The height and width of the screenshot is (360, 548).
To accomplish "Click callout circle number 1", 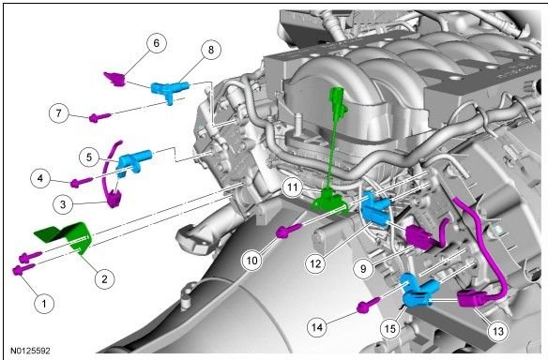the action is (x=44, y=303).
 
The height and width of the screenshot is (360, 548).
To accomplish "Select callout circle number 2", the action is (x=104, y=278).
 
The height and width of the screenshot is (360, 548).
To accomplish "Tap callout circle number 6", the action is (x=156, y=43).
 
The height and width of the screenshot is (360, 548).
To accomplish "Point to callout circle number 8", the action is (x=211, y=50).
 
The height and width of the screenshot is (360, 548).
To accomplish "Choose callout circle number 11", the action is (x=292, y=187).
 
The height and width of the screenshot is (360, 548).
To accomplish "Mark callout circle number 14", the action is (x=317, y=327).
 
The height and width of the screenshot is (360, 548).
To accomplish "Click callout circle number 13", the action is (x=497, y=330).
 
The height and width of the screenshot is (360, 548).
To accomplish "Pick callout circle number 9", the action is (x=363, y=268).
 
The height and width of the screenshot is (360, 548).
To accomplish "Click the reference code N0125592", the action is (x=30, y=351).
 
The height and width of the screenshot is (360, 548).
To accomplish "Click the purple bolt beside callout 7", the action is (x=100, y=117).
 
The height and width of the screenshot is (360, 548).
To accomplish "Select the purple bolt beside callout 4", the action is (x=81, y=182).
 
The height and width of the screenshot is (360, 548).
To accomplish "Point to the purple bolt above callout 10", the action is (x=289, y=231).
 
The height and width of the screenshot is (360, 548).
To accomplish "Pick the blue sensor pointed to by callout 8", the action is (x=170, y=90).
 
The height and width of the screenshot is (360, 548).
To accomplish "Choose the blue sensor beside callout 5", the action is (x=134, y=162).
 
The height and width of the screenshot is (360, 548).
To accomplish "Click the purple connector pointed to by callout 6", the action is (x=115, y=79).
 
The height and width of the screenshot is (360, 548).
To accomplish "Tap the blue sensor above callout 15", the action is (x=418, y=291).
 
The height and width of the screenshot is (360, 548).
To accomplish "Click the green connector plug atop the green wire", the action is (x=338, y=99).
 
